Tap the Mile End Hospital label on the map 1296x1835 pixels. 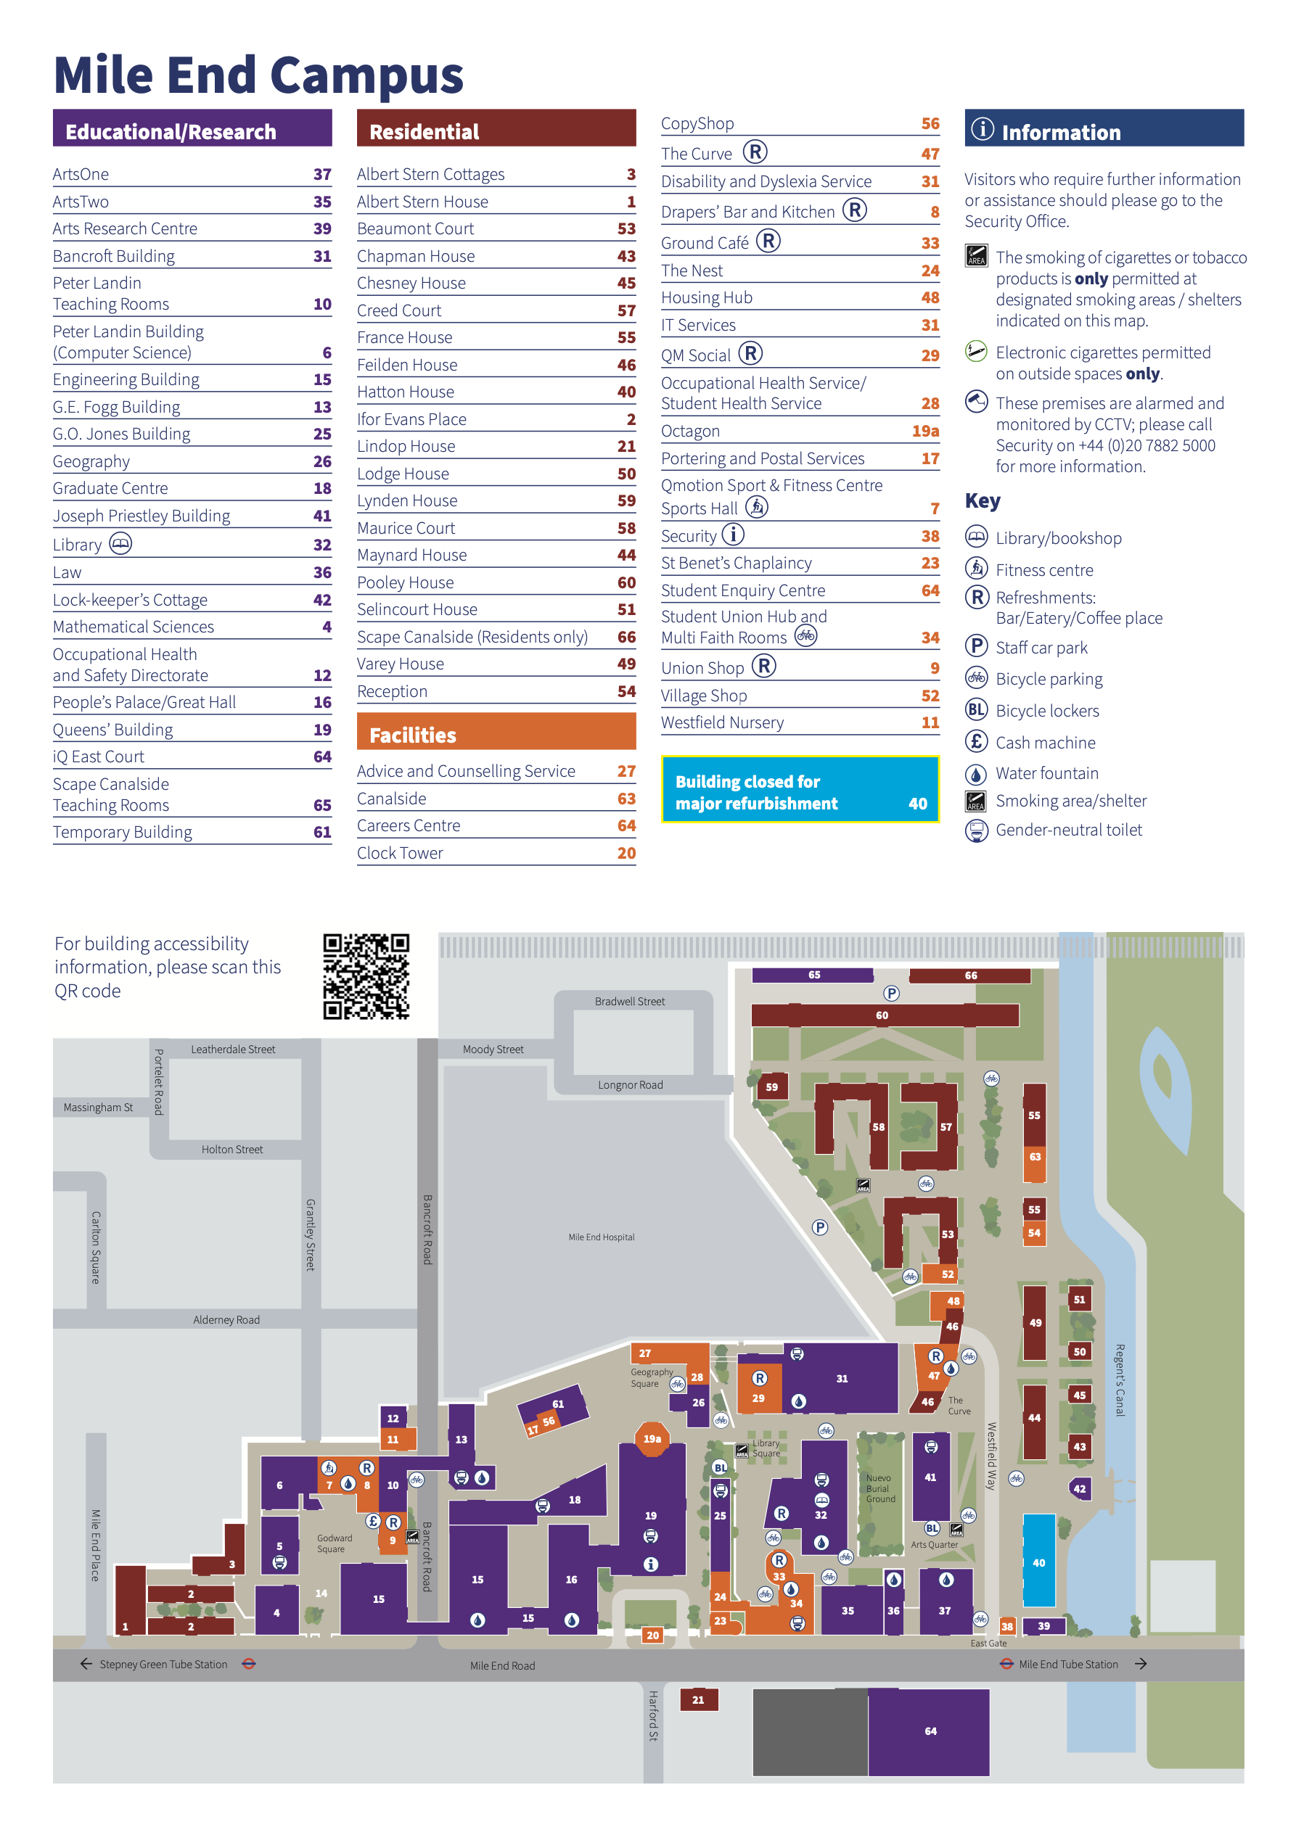[x=602, y=1237]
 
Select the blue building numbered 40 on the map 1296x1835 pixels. [x=1038, y=1561]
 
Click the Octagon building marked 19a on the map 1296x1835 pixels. [x=652, y=1438]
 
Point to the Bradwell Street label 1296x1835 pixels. [x=629, y=1002]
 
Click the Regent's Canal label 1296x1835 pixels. [x=1120, y=1380]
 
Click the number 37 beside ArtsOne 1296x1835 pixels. [x=322, y=174]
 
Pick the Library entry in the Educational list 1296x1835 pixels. [x=192, y=544]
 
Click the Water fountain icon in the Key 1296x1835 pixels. [x=976, y=774]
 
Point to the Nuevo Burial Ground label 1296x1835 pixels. [x=880, y=1488]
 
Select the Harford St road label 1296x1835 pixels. [x=653, y=1715]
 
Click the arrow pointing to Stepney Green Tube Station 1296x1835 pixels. [x=86, y=1664]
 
